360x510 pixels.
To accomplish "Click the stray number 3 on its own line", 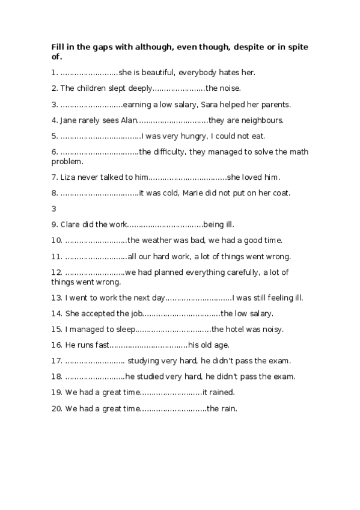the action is pyautogui.click(x=54, y=209).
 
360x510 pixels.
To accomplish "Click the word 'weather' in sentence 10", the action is pyautogui.click(x=160, y=241).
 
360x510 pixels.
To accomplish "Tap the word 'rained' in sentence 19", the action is pyautogui.click(x=221, y=393).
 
